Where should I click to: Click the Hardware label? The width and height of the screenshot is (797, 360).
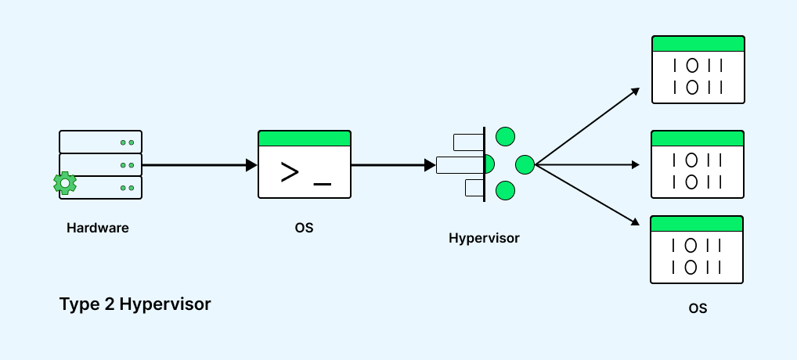97,229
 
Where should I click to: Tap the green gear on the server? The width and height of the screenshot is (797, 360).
65,183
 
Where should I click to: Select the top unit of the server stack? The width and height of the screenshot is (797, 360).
100,142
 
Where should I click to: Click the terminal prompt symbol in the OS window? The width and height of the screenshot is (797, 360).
290,171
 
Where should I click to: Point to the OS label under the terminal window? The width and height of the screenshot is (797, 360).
304,229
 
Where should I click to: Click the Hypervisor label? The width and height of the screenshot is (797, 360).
484,238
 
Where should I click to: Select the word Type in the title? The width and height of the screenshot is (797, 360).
77,304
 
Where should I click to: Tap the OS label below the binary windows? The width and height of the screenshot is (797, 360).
698,308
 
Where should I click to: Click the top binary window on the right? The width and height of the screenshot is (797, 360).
698,70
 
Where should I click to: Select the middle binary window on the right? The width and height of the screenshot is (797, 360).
698,165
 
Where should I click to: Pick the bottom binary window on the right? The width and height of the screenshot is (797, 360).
697,250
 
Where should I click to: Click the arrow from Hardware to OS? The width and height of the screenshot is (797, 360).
200,165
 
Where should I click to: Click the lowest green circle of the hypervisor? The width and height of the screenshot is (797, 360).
506,190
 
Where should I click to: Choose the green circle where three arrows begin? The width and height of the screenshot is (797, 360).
525,164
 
